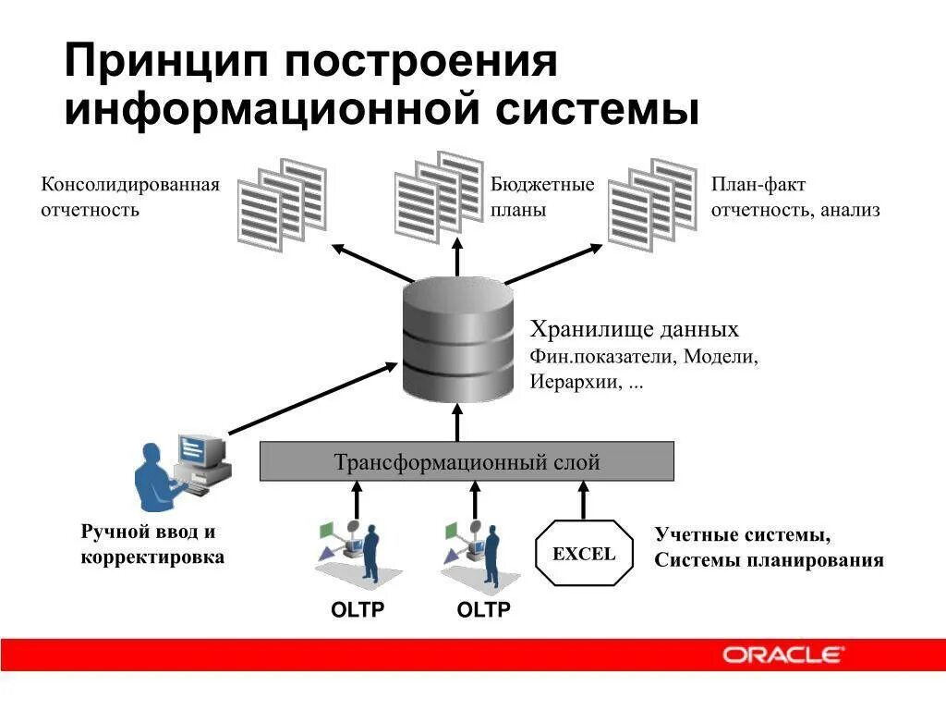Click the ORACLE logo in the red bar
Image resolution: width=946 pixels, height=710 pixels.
coord(782,655)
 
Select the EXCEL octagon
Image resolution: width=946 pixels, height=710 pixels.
coord(584,554)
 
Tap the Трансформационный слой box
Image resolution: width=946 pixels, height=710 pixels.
coord(467,461)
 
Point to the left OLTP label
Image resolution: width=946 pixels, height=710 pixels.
coord(358,610)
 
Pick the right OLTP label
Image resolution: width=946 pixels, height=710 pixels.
coord(484,610)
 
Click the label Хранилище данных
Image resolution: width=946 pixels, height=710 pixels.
coord(634,330)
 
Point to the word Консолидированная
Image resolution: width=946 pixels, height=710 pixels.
coord(130,184)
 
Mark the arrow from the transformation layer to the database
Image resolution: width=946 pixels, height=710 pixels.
coord(456,422)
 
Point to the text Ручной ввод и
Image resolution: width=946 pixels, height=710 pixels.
coord(148,532)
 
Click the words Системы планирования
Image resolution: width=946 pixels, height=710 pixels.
coord(769,560)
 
